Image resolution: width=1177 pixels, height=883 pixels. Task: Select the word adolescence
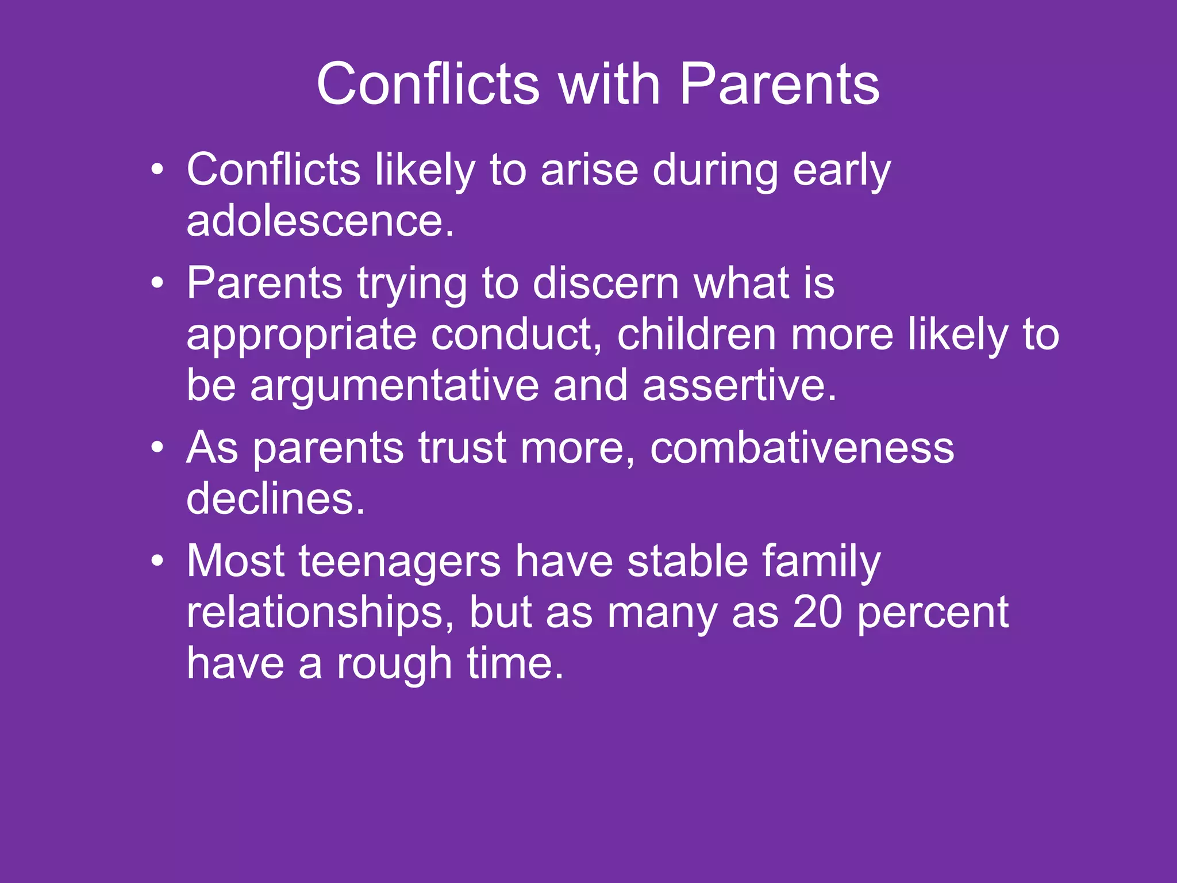[x=320, y=221]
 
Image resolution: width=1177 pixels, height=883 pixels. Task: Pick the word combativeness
[x=802, y=448]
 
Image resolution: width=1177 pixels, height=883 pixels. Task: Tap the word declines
[x=275, y=498]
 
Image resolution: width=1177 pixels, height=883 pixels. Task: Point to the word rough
[x=394, y=663]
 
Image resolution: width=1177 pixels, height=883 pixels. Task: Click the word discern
[x=606, y=283]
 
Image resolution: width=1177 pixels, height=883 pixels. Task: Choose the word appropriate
[x=301, y=335]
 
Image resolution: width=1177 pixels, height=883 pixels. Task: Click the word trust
[x=462, y=448]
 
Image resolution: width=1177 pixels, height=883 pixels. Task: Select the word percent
[x=933, y=612]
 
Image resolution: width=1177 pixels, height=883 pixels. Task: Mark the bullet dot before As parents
[x=157, y=447]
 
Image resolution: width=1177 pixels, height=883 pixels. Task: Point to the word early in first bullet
[x=841, y=171]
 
